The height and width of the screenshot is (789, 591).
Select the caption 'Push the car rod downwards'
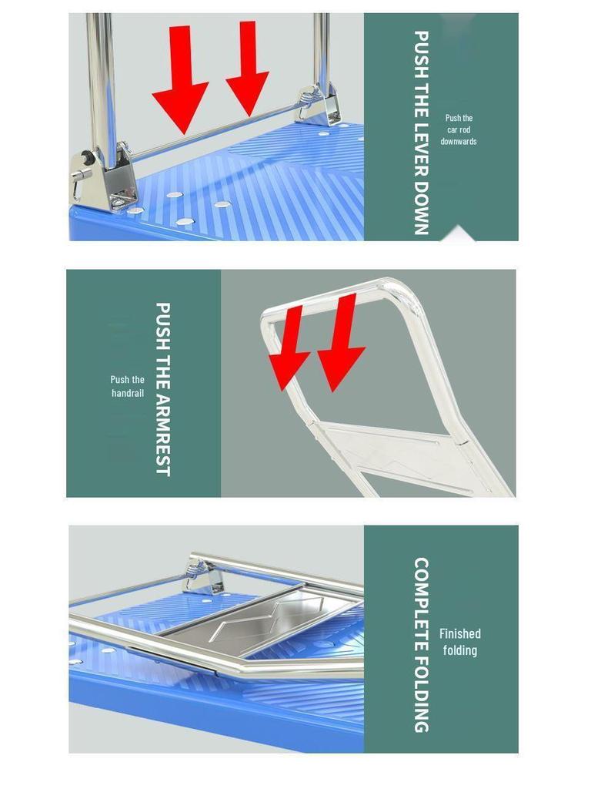(459, 129)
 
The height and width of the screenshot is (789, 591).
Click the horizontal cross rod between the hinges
(215, 132)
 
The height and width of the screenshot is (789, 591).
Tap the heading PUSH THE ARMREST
(162, 388)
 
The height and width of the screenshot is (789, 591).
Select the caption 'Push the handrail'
(127, 386)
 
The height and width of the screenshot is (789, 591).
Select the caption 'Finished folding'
(459, 642)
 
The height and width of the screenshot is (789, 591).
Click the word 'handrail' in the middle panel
(127, 393)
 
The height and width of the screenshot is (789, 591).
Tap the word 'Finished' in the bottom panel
(459, 633)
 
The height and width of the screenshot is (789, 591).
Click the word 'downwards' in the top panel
(459, 142)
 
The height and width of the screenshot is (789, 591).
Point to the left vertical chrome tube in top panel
(99, 77)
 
